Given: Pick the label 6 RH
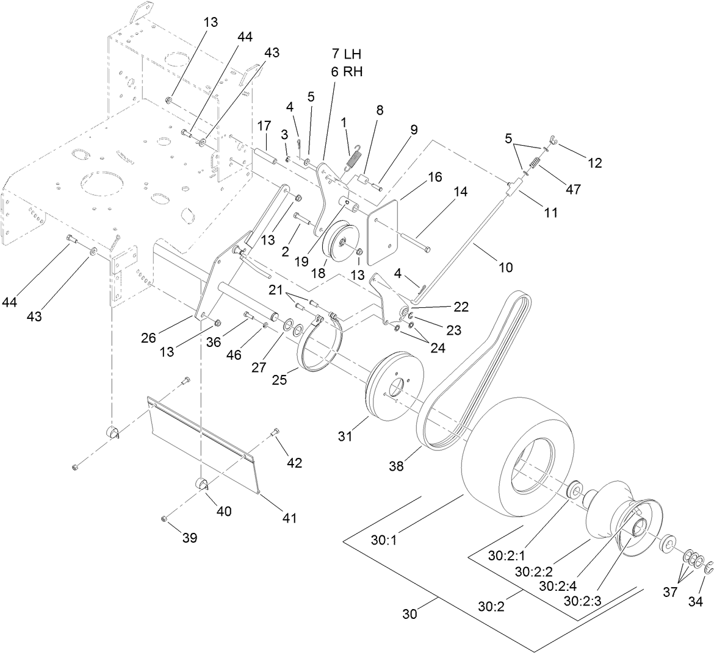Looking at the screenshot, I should point(346,71).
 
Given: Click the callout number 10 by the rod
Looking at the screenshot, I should point(505,266).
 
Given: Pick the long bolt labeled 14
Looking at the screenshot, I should point(403,239).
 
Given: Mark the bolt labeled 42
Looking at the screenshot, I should point(275,434).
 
